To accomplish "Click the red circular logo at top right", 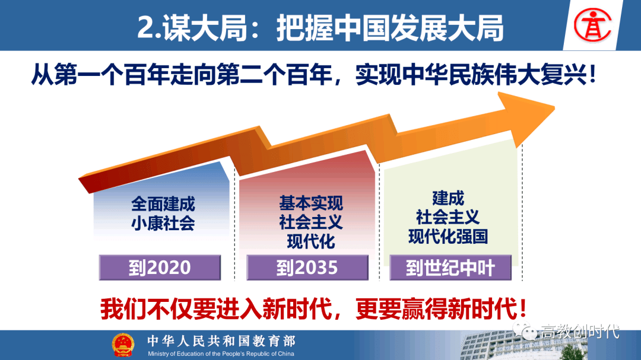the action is (592, 26).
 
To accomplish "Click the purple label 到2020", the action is (160, 267).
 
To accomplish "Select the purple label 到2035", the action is (307, 267).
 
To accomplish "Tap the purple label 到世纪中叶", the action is (450, 267).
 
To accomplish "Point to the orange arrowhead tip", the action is (554, 109).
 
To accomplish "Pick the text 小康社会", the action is (163, 223).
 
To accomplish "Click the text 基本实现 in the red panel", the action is (310, 203).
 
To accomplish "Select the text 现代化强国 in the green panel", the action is (448, 237).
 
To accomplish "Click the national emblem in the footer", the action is (123, 345).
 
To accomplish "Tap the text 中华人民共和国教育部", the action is (221, 341).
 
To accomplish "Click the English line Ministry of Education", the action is (221, 354).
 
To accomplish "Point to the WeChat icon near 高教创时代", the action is (525, 330).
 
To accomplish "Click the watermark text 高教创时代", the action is (580, 332).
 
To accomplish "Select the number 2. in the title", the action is (150, 28).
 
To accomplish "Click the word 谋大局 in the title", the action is (205, 28).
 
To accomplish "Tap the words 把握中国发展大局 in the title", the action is (391, 28).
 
